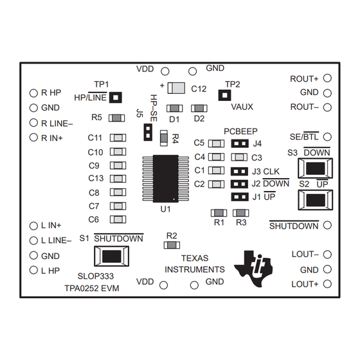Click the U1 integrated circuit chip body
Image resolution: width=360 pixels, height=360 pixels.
click(x=166, y=179)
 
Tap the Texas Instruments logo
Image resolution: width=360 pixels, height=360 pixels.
click(x=253, y=268)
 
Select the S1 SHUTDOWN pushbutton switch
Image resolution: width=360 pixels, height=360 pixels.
click(x=112, y=256)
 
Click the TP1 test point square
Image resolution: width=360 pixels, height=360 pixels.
click(x=116, y=97)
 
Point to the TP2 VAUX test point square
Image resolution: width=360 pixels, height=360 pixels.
click(x=224, y=95)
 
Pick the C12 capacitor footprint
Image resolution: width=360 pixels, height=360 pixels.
click(x=176, y=88)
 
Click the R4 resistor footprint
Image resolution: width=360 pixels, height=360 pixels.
click(x=164, y=138)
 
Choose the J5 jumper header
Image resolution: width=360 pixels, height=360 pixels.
click(x=148, y=132)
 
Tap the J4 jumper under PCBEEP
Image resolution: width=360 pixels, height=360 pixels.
click(x=240, y=143)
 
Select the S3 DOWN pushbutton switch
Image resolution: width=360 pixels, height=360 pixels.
click(x=315, y=168)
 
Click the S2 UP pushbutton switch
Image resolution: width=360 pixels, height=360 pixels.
click(x=316, y=200)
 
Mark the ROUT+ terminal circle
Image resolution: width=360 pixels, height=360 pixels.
click(x=327, y=78)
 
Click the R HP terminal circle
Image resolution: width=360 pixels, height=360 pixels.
click(x=33, y=93)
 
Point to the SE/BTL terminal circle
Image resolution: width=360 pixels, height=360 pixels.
click(x=327, y=137)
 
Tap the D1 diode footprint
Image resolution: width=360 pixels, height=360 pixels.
click(x=174, y=109)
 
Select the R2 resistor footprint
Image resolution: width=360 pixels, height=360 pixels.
click(x=172, y=245)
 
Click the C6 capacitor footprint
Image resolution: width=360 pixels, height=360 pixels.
click(x=118, y=219)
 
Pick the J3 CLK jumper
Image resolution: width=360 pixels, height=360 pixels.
click(x=239, y=172)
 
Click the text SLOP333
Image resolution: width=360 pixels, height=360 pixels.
click(x=96, y=276)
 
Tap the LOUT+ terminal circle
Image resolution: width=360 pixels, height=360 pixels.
click(x=327, y=284)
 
